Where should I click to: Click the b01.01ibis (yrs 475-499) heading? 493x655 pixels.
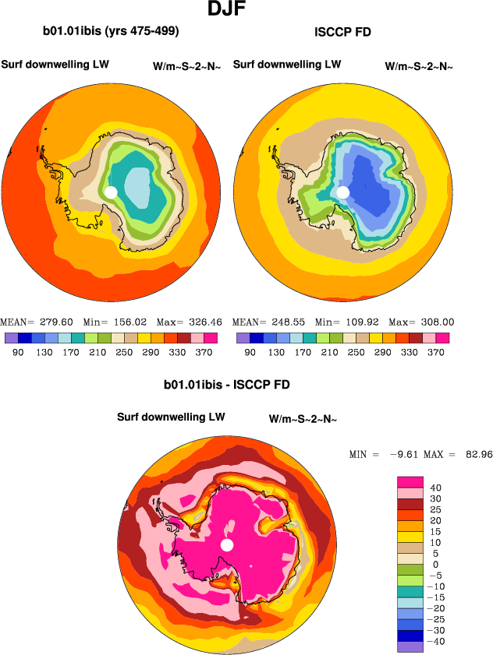(x=111, y=32)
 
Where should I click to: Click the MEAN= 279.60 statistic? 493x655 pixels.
(x=37, y=322)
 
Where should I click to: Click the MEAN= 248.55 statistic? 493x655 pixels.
(x=269, y=322)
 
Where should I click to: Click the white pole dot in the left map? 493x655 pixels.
(x=111, y=192)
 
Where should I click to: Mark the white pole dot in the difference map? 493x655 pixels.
(x=227, y=544)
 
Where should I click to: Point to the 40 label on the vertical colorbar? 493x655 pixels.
(x=436, y=488)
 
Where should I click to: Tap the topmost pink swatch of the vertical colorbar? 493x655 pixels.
(x=410, y=482)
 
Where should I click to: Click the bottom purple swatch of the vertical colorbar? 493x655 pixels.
(x=410, y=646)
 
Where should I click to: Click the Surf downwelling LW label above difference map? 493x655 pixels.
(x=171, y=417)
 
